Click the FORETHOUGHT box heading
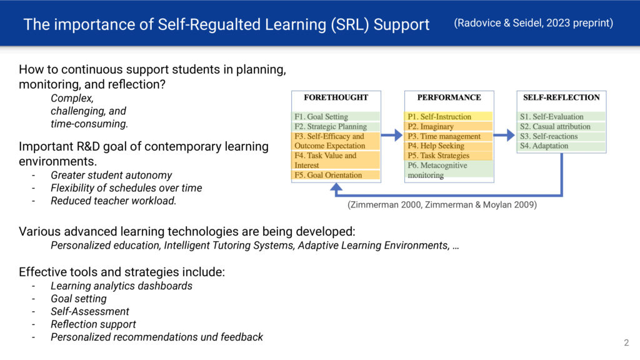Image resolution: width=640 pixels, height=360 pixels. tap(336, 97)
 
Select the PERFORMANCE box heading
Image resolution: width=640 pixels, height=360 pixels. tap(449, 97)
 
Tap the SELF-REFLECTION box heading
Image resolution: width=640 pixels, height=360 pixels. tap(561, 97)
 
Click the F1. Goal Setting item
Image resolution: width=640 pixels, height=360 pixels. tap(321, 117)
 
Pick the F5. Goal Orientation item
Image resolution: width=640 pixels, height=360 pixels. tap(328, 175)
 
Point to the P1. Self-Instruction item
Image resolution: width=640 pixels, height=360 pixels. tap(439, 117)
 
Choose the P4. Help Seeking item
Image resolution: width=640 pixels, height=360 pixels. tap(436, 146)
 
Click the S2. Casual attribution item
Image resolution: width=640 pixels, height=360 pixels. tap(555, 126)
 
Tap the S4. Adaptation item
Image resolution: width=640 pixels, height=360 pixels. tap(544, 146)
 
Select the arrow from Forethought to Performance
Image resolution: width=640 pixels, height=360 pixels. tap(392, 135)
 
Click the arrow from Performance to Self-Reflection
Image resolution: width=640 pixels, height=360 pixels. tap(504, 135)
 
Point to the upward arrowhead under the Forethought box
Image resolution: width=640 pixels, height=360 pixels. tap(336, 187)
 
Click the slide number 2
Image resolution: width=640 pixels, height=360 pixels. tap(626, 343)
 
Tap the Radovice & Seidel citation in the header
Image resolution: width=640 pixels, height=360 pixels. tap(534, 23)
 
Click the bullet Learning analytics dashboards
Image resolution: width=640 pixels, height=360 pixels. tap(121, 286)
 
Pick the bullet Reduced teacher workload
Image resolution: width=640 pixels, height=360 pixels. tap(114, 201)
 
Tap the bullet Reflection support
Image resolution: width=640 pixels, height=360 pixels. tap(93, 324)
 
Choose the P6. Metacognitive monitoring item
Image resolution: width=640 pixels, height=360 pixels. tap(437, 170)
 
